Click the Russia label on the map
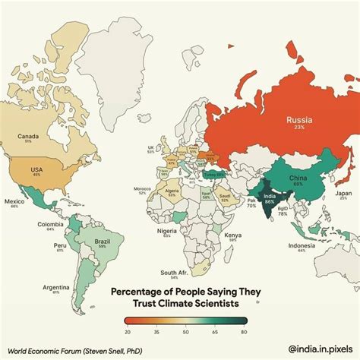tap(301, 119)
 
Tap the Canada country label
tap(29, 137)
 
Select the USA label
tap(36, 169)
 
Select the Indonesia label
tap(302, 245)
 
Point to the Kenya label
tap(233, 235)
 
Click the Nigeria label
tap(166, 230)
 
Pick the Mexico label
tap(14, 201)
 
